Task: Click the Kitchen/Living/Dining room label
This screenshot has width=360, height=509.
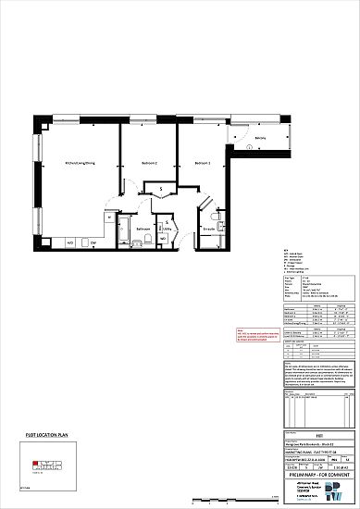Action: (79, 162)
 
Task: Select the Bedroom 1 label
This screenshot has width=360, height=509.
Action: (203, 162)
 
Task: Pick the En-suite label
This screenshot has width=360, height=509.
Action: (209, 228)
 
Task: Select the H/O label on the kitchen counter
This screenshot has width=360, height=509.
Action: (70, 242)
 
